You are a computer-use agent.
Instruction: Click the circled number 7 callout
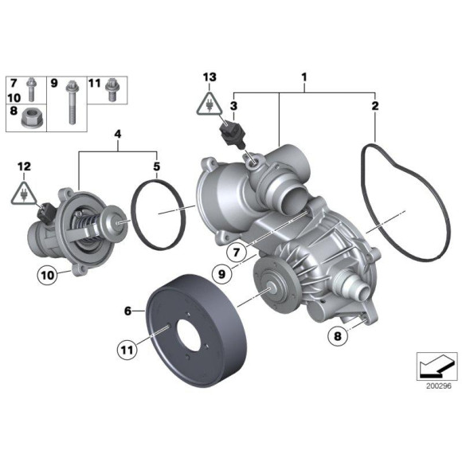[x=235, y=253]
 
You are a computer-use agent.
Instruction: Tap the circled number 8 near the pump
[x=337, y=337]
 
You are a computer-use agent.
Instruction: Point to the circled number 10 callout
[x=47, y=276]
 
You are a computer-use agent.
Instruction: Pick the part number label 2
[x=376, y=104]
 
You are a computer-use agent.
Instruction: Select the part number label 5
[x=157, y=166]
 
